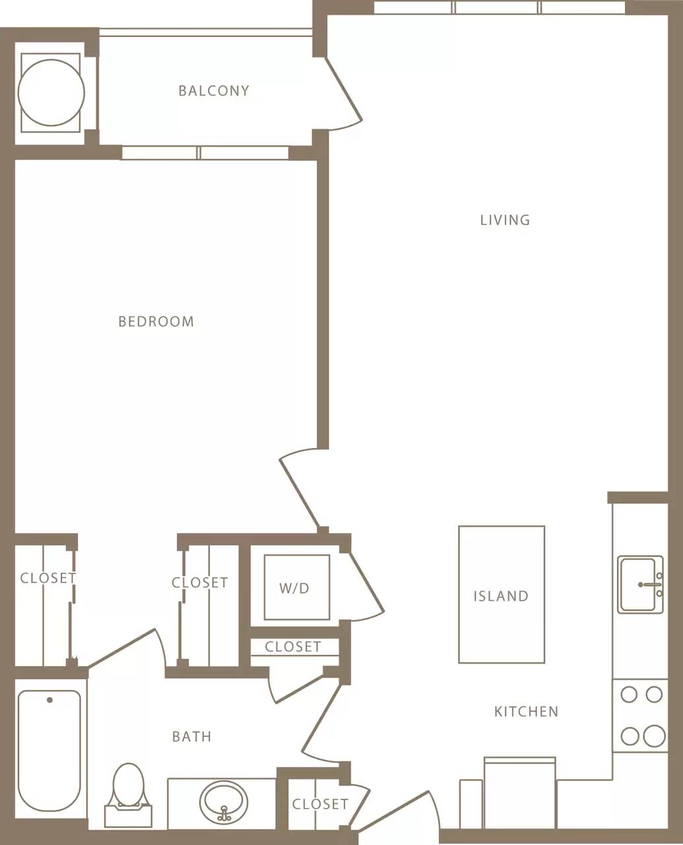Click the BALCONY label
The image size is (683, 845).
214,90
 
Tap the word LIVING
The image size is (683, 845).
505,220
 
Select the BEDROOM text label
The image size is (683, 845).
156,321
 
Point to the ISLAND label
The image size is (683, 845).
501,596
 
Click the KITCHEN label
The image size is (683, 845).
526,712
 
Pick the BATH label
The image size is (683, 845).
192,737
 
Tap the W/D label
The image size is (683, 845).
294,588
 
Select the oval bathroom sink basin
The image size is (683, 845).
224,801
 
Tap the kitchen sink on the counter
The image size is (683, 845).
639,585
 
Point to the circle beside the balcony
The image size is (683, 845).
51,93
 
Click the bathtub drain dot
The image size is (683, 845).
49,700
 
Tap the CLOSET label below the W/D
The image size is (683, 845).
293,647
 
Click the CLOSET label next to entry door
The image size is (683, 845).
320,804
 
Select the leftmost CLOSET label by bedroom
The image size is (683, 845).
48,578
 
